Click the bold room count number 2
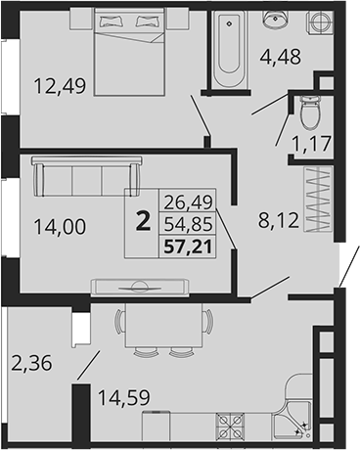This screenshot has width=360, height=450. click(144, 222)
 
